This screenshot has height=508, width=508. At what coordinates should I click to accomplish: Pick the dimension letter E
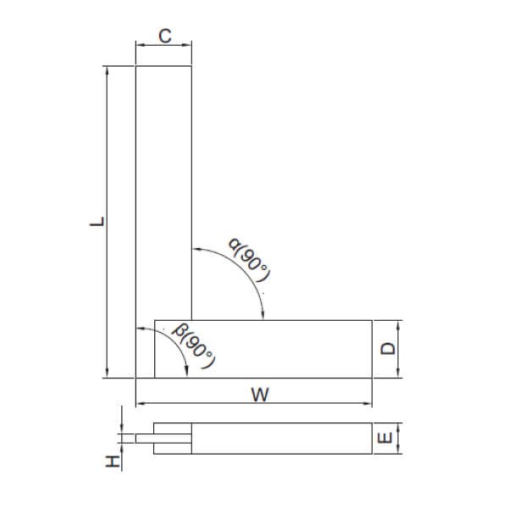coord(385,439)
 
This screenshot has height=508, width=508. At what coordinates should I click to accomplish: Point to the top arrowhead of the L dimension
coord(107,70)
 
